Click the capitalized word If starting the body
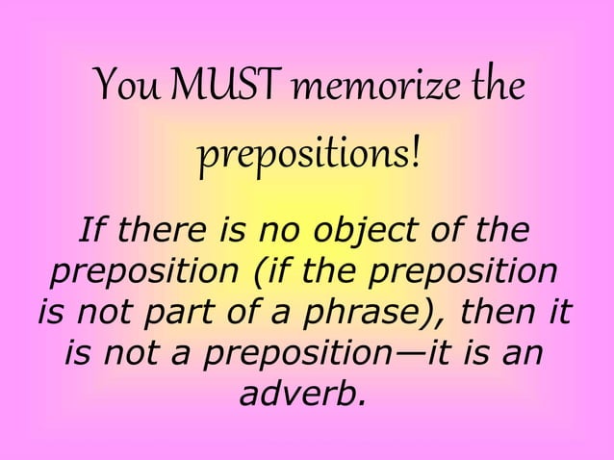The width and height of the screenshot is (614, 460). tap(90, 231)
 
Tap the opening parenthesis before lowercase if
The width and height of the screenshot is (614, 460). tap(261, 273)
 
